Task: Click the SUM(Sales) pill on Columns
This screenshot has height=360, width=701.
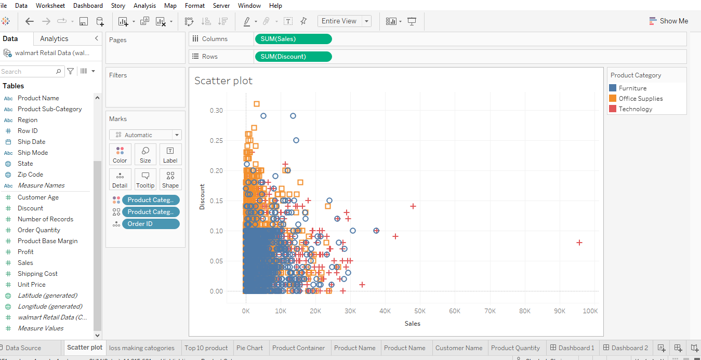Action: coord(293,39)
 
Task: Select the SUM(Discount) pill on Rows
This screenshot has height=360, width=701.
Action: coord(293,57)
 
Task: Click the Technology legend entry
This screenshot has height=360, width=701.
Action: coord(635,109)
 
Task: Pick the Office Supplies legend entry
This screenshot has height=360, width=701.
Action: coord(640,99)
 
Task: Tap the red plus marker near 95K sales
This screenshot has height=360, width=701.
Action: coord(579,243)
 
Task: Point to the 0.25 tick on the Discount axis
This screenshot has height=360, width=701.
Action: coord(216,141)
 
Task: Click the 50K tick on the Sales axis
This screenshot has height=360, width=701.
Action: coord(420,311)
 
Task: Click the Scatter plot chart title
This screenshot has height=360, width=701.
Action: coord(223,81)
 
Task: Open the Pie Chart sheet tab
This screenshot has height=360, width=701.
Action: coord(249,348)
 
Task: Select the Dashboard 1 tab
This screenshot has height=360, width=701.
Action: coord(572,348)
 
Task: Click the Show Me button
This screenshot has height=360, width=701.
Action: coord(669,21)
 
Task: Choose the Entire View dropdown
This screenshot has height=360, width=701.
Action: coord(345,21)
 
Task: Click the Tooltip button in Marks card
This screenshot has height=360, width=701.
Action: coord(146,179)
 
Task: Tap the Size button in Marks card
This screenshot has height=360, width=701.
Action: coord(146,154)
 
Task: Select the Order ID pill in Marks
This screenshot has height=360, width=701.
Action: coord(151,224)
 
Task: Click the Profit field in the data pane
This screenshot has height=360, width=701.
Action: coord(25,252)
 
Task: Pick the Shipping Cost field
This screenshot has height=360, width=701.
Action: coord(37,274)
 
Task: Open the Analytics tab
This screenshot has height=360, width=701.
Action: coord(54,39)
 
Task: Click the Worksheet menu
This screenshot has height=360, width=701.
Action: coord(50,6)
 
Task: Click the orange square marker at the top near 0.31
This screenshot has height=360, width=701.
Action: coord(257,104)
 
